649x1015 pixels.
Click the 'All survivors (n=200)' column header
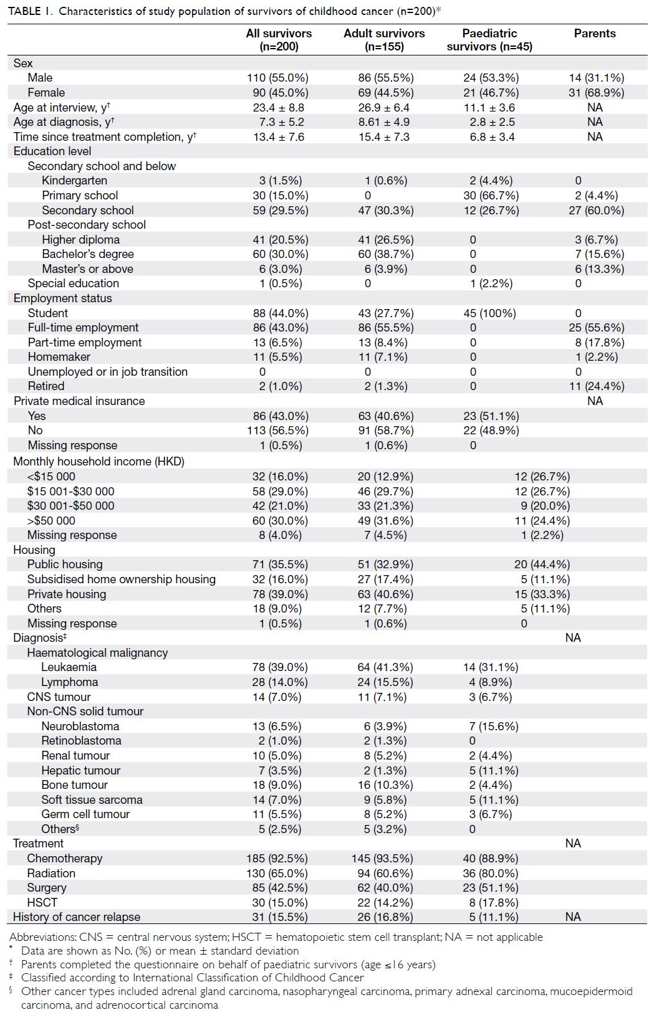(x=279, y=40)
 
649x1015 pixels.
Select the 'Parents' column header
(x=595, y=34)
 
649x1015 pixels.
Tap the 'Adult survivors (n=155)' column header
(x=384, y=40)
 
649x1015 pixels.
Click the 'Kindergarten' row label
(x=74, y=180)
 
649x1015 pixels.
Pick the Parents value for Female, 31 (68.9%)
(x=597, y=92)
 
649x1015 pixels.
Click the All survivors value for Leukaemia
(x=280, y=667)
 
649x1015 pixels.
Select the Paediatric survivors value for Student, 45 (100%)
(x=490, y=313)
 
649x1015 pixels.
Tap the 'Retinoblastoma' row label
(x=81, y=740)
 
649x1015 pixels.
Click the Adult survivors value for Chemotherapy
(x=382, y=858)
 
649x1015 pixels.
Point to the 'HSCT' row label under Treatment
(x=42, y=902)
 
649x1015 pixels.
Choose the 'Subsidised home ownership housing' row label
(x=122, y=579)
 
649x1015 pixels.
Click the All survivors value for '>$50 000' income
(x=280, y=521)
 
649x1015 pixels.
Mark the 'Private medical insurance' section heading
(x=79, y=401)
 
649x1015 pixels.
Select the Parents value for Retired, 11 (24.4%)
(x=597, y=386)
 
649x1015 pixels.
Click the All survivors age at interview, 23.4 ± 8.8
(x=279, y=107)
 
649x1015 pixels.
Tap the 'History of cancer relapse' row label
(x=77, y=917)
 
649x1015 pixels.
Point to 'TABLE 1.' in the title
(x=31, y=11)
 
